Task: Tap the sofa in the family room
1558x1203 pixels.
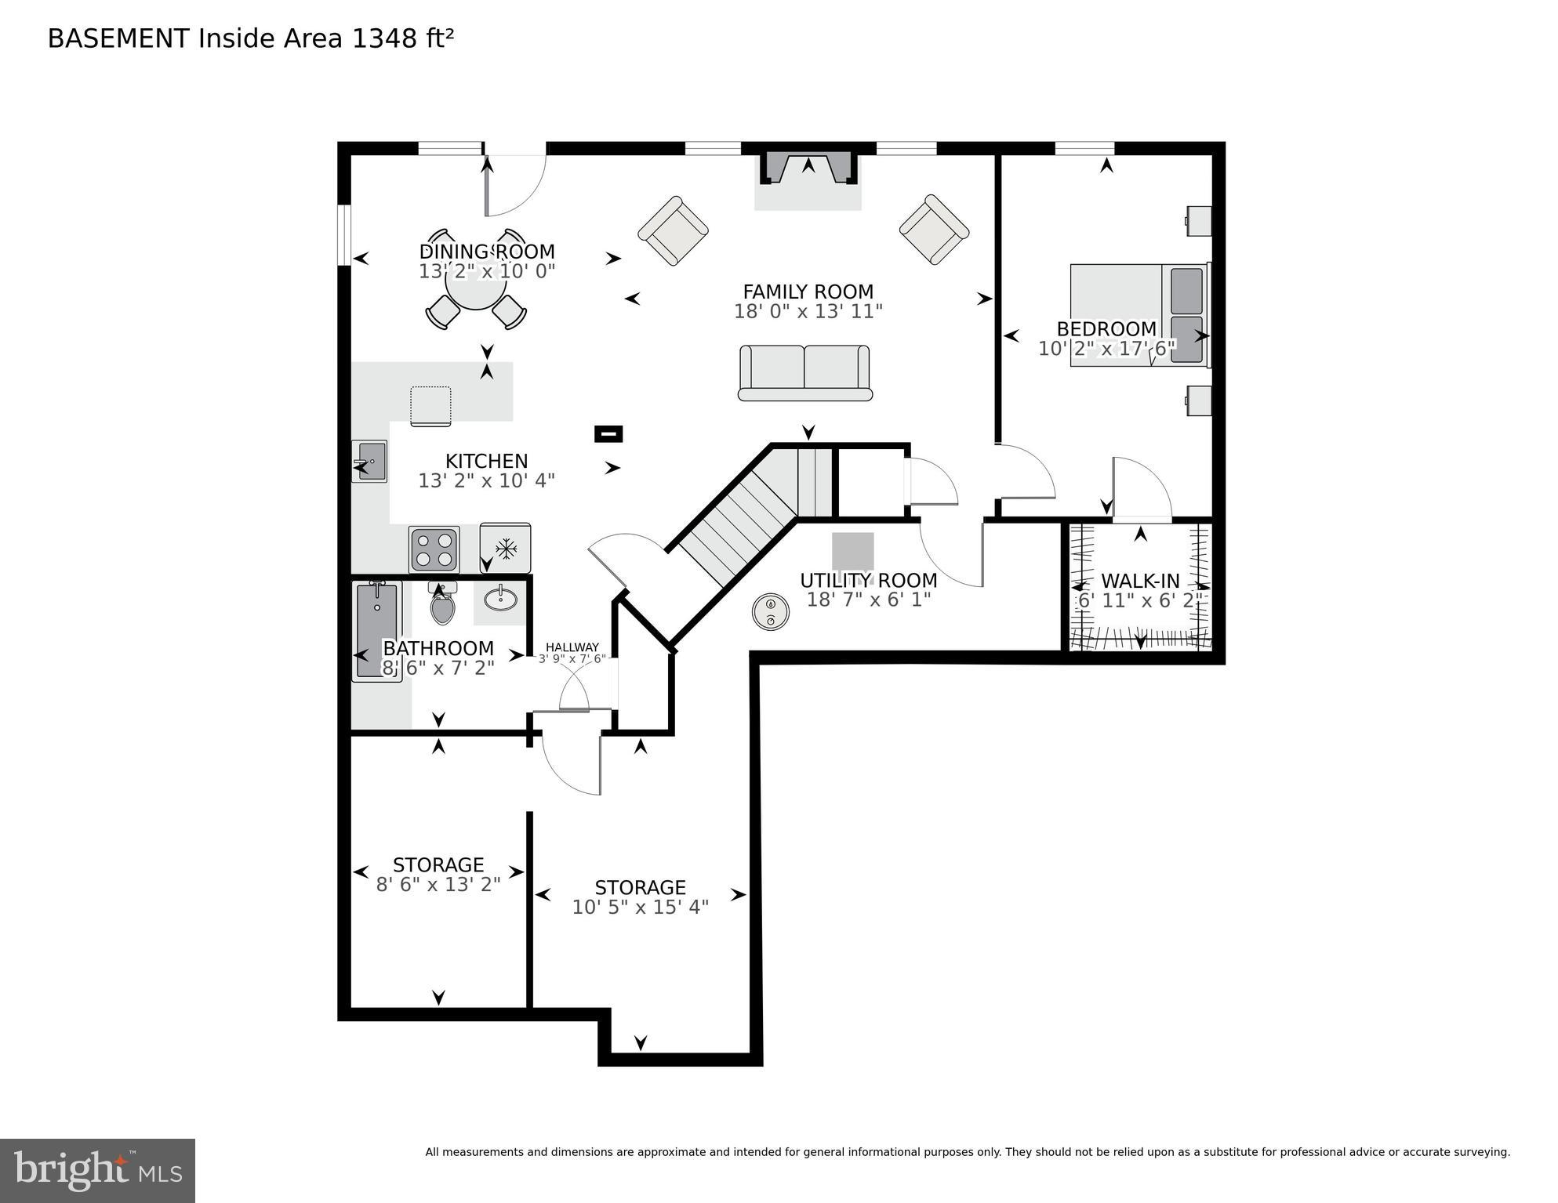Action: click(x=805, y=373)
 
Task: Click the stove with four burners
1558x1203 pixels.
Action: click(x=434, y=549)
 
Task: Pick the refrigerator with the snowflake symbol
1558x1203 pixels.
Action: click(x=506, y=548)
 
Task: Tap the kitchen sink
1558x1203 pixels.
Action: click(x=370, y=461)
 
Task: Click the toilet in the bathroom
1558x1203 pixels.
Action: click(x=442, y=605)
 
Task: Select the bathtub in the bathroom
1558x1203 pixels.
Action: click(x=376, y=631)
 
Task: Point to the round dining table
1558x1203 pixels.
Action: click(x=475, y=280)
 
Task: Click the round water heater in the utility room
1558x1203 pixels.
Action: click(x=771, y=611)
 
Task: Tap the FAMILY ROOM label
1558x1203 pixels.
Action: click(x=808, y=292)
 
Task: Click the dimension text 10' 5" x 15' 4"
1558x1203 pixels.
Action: click(x=640, y=908)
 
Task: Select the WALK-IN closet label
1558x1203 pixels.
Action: click(x=1139, y=581)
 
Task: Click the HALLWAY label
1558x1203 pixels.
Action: click(x=572, y=647)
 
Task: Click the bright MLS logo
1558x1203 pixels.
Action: click(x=97, y=1170)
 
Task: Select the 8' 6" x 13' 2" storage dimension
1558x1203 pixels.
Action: click(x=438, y=885)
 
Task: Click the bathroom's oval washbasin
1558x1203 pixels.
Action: click(x=500, y=600)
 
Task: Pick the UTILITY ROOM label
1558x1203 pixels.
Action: click(x=868, y=580)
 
